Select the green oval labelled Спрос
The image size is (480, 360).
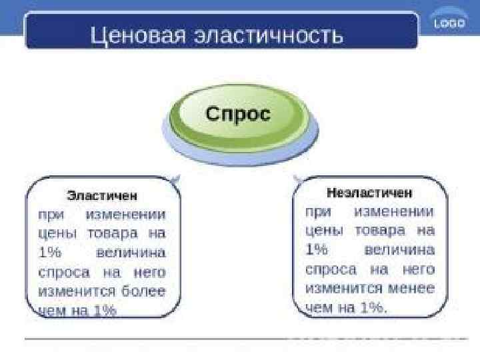tap(238, 115)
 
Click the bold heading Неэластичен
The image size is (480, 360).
tap(369, 193)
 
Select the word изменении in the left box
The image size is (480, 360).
tap(126, 215)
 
